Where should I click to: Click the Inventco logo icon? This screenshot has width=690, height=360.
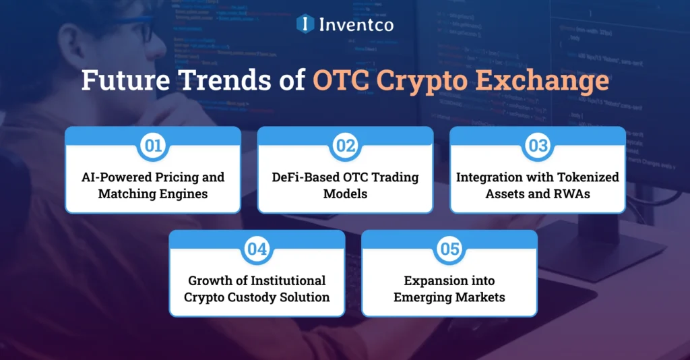pyautogui.click(x=305, y=24)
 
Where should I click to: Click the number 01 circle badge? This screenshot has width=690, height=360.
pyautogui.click(x=153, y=145)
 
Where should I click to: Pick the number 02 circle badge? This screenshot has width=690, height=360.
pyautogui.click(x=346, y=145)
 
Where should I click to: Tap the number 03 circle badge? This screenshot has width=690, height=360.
pyautogui.click(x=538, y=145)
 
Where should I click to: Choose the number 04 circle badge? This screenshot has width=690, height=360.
pyautogui.click(x=257, y=249)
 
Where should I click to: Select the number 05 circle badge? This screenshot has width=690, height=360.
pyautogui.click(x=449, y=249)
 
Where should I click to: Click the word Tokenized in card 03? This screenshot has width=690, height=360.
pyautogui.click(x=582, y=177)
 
